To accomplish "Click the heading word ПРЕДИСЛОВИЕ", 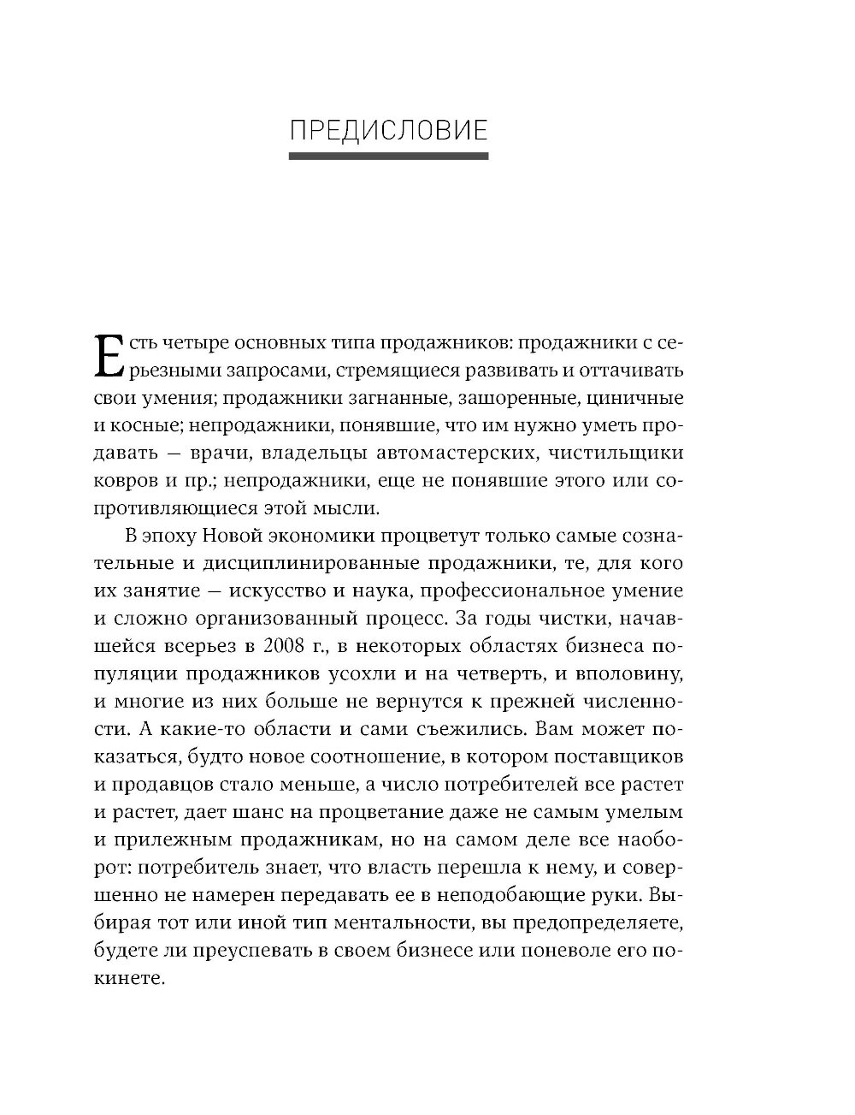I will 389,131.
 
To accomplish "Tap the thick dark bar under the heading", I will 389,157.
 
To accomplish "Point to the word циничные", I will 640,398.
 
